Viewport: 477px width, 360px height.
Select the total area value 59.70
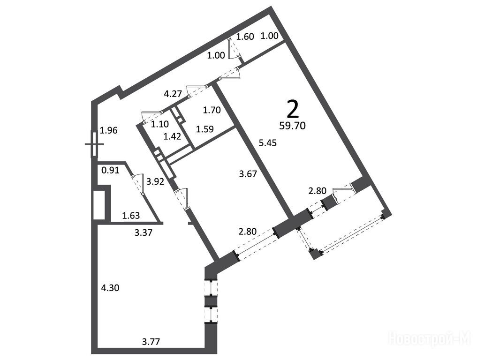point(292,126)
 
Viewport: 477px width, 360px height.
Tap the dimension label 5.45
point(268,142)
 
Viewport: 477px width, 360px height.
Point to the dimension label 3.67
point(248,174)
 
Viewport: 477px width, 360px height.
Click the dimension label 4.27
point(173,94)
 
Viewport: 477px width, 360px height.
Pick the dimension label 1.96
point(109,130)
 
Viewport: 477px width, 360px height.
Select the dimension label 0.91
point(110,170)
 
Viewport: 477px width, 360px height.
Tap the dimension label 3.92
point(155,182)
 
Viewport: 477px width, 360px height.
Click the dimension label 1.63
point(131,216)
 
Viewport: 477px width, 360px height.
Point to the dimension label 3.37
point(143,233)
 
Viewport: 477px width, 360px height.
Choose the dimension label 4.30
point(110,288)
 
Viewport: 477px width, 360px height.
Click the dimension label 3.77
point(151,342)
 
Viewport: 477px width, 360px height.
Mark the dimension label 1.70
point(212,110)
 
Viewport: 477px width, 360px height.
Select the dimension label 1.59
point(205,129)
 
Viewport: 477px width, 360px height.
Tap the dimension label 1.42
point(172,136)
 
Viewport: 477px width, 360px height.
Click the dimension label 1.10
point(160,124)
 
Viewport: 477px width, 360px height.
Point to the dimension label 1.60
point(245,37)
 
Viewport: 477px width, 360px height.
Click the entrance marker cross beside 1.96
point(94,144)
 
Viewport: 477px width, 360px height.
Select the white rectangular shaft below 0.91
point(99,204)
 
